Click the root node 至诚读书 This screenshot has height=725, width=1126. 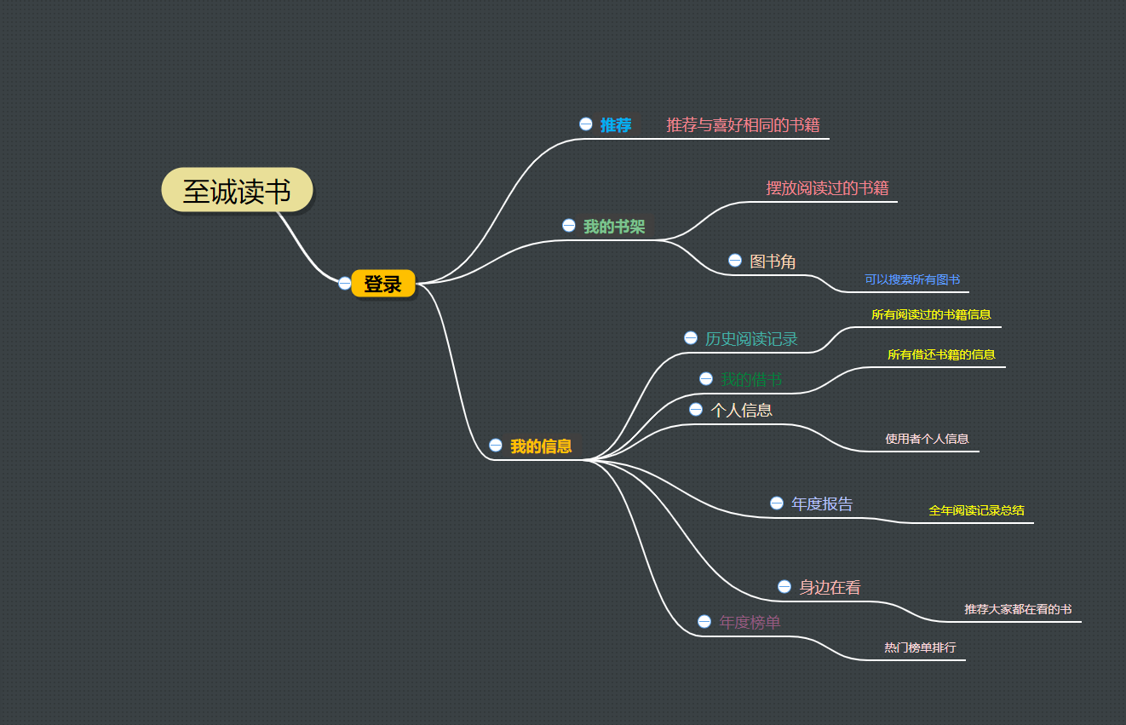[x=237, y=191]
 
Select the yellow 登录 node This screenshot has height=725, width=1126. [x=382, y=285]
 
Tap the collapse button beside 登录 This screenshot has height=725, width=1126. [x=344, y=283]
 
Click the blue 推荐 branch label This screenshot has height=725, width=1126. [x=615, y=125]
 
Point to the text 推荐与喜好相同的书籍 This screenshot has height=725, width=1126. [x=743, y=125]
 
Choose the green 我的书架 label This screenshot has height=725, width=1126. [x=613, y=227]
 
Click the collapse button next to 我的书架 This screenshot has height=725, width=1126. [x=569, y=225]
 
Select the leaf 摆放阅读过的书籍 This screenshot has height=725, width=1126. [x=827, y=187]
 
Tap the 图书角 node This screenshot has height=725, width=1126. [x=773, y=262]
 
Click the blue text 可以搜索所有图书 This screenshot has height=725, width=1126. [x=912, y=279]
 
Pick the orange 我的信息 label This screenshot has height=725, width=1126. [x=541, y=446]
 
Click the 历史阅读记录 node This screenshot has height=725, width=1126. [x=751, y=339]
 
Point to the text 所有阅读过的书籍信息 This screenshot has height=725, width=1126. [x=931, y=314]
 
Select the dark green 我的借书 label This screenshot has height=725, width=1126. [x=751, y=379]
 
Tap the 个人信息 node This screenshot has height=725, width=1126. [x=741, y=410]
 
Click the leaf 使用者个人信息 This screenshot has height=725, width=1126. [x=927, y=439]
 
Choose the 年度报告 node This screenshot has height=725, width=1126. [x=821, y=503]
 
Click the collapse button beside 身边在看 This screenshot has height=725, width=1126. [x=784, y=586]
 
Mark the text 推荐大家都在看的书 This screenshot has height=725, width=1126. [x=1017, y=609]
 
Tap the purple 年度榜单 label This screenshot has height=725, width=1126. [x=750, y=622]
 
